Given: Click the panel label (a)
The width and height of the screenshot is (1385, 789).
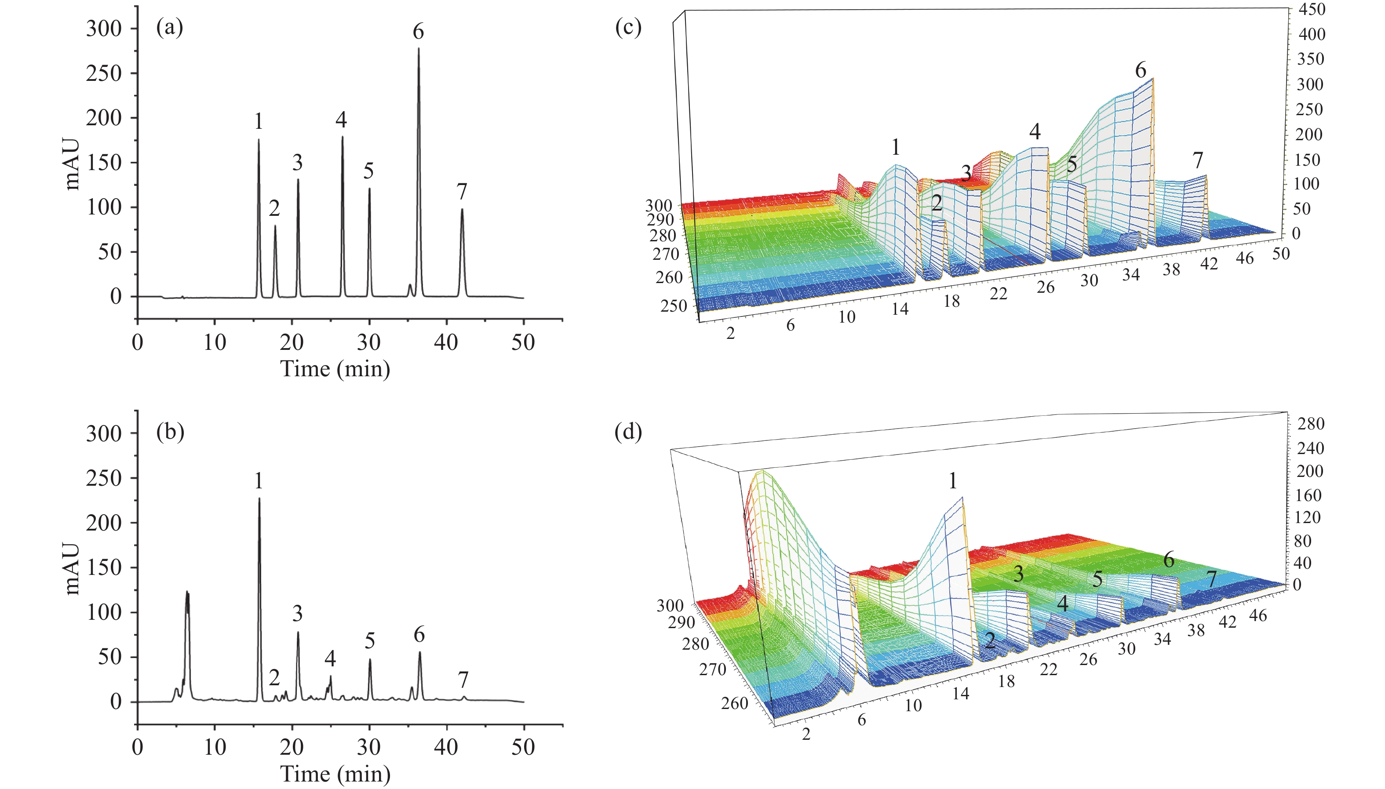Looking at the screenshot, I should (170, 26).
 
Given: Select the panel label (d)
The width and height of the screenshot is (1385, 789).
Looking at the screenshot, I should (628, 432).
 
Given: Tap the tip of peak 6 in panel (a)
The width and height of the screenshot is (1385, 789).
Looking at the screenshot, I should (419, 49).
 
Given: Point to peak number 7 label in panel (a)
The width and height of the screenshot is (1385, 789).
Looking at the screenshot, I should (461, 191).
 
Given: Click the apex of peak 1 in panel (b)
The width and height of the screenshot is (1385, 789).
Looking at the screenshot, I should (259, 498).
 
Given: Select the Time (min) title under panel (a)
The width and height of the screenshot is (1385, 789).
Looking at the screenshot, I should (335, 369).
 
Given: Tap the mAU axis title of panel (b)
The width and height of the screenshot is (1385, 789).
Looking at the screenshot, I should (72, 569).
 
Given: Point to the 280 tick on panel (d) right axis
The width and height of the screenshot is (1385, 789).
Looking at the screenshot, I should (1311, 424).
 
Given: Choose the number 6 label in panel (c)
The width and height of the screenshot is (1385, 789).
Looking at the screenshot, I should (1141, 70).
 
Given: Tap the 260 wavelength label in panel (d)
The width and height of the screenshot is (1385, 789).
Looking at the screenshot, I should (735, 703).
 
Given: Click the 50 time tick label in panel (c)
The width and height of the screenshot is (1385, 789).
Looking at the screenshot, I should (1281, 253).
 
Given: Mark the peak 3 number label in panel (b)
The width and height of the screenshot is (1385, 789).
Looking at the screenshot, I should (297, 614).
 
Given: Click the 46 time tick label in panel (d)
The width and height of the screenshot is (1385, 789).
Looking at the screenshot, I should (1259, 615).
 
